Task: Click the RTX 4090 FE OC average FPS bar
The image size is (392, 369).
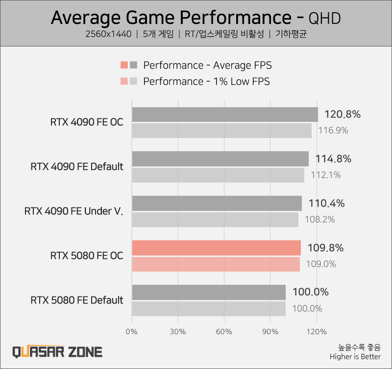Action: coord(225,115)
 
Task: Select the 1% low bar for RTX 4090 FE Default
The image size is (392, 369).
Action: coord(218,175)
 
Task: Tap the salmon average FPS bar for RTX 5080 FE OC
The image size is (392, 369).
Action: coord(216,248)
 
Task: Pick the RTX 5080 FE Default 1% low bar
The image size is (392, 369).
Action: coord(209,308)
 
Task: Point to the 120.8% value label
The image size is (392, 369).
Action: coord(343,115)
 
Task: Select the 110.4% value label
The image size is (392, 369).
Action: coord(327,204)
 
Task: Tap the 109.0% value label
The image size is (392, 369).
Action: coord(321,264)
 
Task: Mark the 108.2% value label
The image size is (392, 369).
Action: coord(319,219)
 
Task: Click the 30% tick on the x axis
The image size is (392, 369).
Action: coord(178,332)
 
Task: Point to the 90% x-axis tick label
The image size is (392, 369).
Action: coord(270,332)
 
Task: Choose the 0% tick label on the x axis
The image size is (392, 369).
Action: coord(132,332)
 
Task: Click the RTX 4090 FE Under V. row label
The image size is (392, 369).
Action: coord(73,211)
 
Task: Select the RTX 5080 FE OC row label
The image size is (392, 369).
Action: coord(86,255)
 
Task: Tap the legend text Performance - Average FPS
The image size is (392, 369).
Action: coord(207,65)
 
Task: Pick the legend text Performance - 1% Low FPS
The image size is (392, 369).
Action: coord(206,81)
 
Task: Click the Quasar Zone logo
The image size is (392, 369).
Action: coord(57,351)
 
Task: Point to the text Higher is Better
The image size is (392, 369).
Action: coord(355,357)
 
